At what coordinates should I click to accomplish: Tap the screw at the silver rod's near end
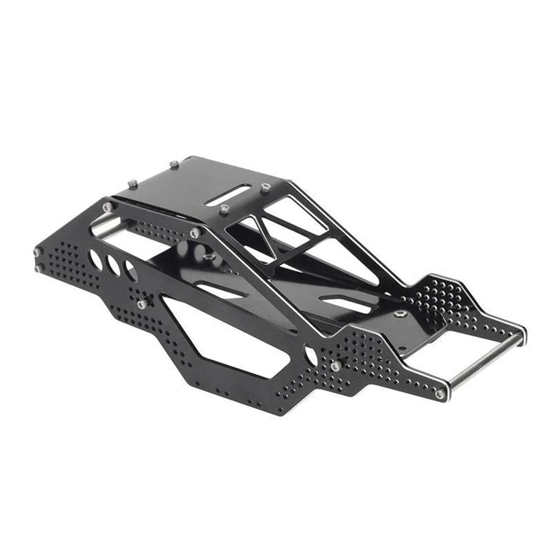[x=440, y=394]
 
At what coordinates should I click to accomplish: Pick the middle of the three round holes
[x=114, y=266]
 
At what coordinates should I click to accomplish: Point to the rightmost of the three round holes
[x=131, y=271]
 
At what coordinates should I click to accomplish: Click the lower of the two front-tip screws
[x=39, y=269]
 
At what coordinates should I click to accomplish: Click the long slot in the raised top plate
[x=228, y=195]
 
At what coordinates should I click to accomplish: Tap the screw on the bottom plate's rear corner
[x=401, y=313]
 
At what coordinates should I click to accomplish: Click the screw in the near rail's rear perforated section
[x=335, y=366]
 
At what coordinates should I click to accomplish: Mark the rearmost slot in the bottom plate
[x=346, y=303]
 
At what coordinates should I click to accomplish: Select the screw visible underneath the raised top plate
[x=208, y=257]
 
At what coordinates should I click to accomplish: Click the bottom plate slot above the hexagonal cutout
[x=221, y=291]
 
